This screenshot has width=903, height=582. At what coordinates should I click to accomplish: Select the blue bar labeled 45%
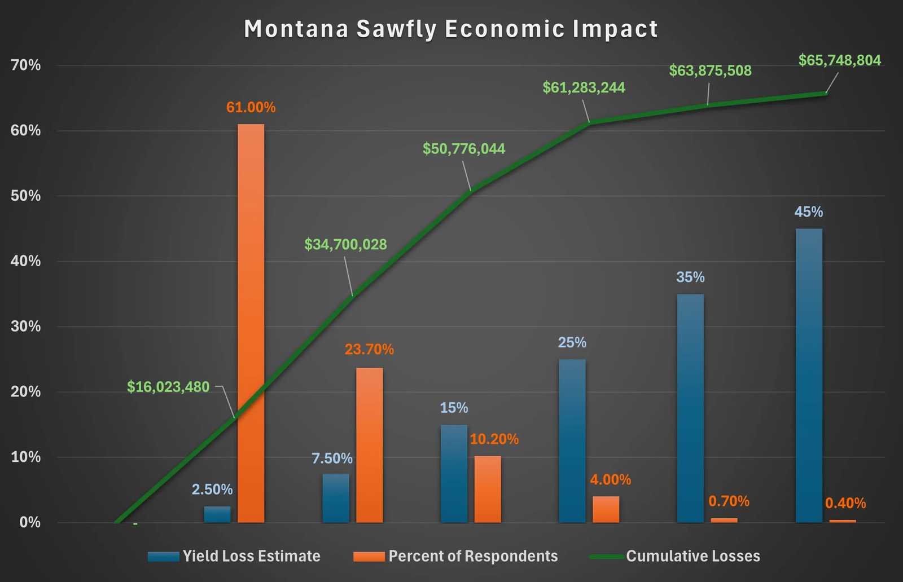(809, 375)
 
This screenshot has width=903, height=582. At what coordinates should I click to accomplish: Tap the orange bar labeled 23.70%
(369, 445)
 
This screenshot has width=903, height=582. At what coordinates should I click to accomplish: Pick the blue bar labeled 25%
(572, 440)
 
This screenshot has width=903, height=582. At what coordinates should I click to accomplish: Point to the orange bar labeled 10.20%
(488, 489)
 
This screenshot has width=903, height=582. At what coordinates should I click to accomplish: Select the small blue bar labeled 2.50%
(217, 514)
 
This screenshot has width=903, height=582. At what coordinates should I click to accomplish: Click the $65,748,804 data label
(839, 60)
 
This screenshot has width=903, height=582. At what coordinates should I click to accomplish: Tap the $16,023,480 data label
(168, 387)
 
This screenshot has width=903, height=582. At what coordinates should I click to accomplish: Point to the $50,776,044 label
(464, 149)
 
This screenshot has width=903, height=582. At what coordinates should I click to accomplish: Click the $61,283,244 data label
(584, 87)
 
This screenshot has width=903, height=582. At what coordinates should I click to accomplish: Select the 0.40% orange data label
(845, 503)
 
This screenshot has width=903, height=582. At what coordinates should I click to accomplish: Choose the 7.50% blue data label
(332, 458)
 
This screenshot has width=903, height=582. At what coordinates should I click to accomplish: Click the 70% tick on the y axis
(27, 65)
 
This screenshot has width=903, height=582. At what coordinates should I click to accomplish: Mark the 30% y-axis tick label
(27, 327)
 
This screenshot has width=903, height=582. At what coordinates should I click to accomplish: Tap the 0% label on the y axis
(30, 522)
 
